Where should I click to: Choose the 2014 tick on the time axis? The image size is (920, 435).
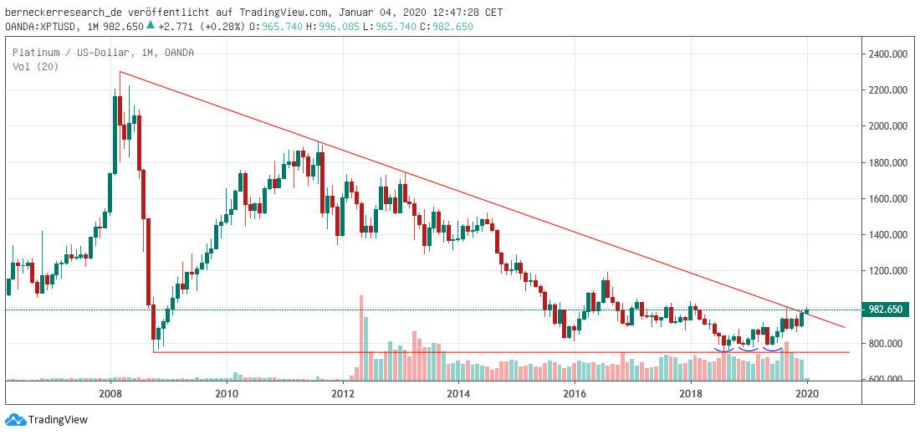(458, 393)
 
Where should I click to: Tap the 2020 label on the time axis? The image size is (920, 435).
(806, 393)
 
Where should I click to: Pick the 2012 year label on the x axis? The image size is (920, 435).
(342, 393)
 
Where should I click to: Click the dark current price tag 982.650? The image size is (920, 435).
(886, 310)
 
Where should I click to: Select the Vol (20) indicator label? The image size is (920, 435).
(29, 67)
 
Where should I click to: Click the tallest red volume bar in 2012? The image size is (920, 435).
(361, 335)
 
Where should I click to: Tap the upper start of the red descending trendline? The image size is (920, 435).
(120, 72)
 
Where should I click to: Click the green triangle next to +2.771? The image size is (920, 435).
(150, 25)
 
